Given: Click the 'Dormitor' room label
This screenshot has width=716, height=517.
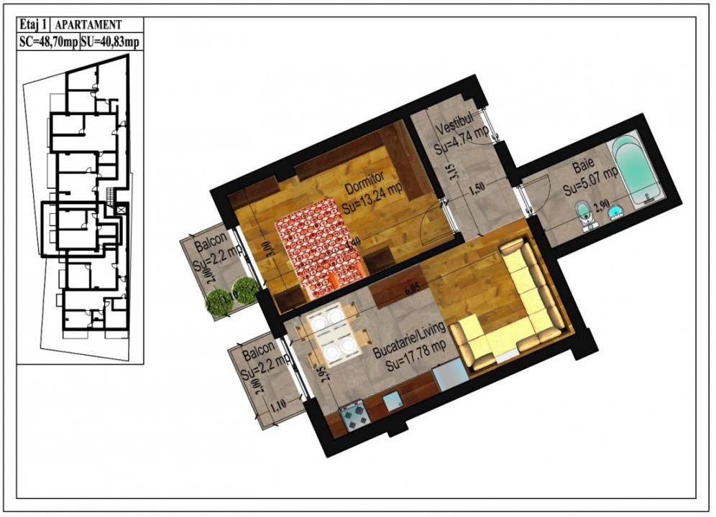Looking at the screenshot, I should pyautogui.click(x=365, y=184).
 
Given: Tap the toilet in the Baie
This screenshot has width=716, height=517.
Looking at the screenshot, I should pyautogui.click(x=584, y=213).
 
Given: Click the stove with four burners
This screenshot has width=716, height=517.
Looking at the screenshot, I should pyautogui.click(x=354, y=416).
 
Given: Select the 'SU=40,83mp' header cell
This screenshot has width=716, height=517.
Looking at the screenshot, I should pyautogui.click(x=110, y=42).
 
